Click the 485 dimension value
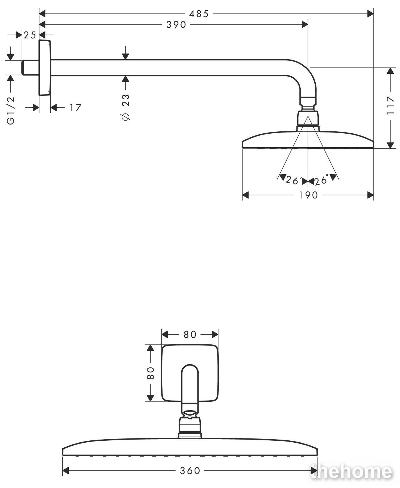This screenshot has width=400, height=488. [199, 14]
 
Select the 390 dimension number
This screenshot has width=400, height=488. [176, 25]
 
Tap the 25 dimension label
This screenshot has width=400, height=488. [30, 35]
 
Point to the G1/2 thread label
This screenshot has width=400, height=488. [11, 111]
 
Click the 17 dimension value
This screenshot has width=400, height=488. [75, 107]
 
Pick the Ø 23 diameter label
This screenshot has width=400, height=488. [126, 107]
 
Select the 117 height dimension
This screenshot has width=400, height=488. [391, 105]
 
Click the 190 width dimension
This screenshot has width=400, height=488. [308, 195]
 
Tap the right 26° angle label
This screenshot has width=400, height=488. [322, 180]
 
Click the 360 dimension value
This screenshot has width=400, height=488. [190, 471]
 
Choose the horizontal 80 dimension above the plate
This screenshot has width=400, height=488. [190, 334]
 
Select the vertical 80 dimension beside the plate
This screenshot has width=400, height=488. [150, 373]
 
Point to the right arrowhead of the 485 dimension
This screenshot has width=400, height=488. [370, 14]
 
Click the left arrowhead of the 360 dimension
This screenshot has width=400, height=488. [66, 471]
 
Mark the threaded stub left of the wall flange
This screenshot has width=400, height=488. [30, 67]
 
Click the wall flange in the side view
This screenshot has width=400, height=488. [45, 68]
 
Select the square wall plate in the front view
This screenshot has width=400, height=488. [190, 373]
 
